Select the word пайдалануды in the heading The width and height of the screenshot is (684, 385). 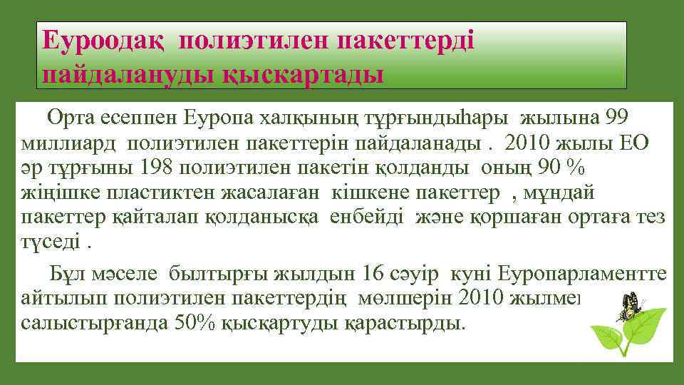click(124, 73)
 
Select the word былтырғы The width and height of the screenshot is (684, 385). click(214, 274)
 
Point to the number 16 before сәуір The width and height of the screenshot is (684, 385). click(373, 274)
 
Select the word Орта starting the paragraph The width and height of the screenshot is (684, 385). click(69, 115)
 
